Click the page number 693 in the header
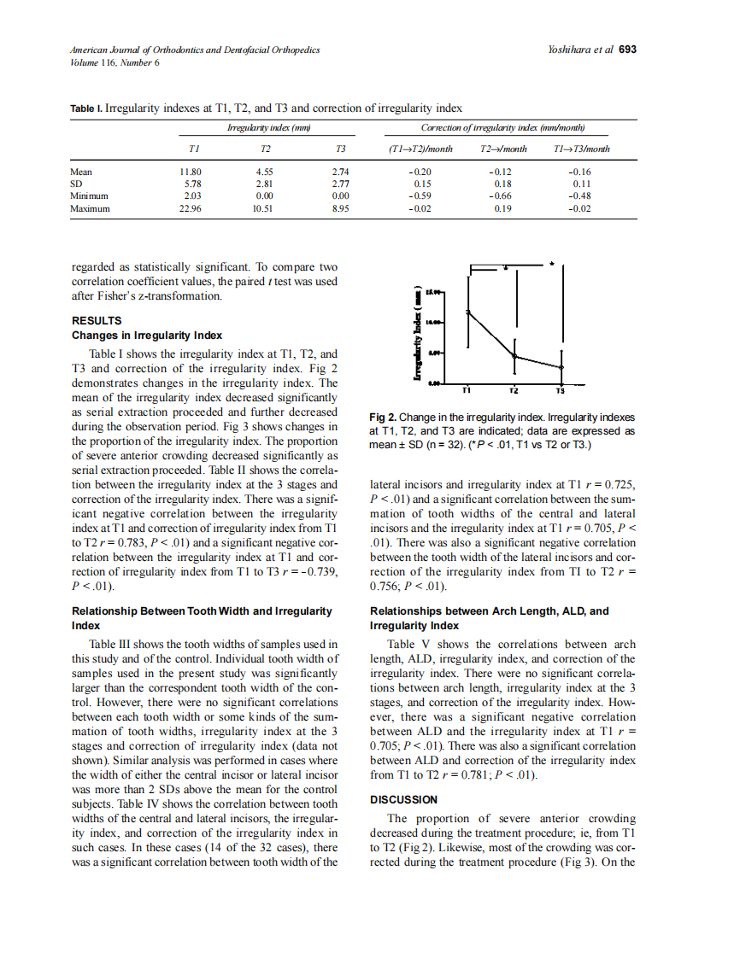point(627,50)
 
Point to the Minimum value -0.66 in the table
point(502,196)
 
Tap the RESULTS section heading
point(97,321)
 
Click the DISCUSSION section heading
point(403,800)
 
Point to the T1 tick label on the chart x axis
point(467,391)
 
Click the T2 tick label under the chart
point(514,391)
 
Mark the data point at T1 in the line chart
point(467,313)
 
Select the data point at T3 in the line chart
point(561,367)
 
